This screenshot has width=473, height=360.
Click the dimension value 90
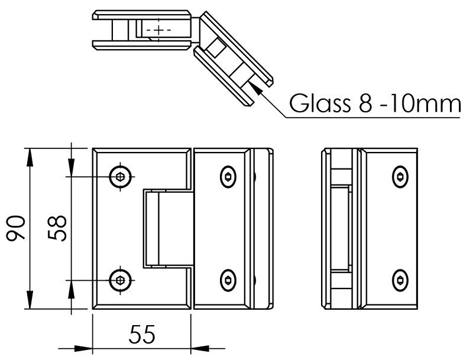pos(17,229)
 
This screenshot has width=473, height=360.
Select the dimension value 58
pos(57,228)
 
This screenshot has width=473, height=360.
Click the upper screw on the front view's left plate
pos(121,176)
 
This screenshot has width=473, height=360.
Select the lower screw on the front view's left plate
pos(121,280)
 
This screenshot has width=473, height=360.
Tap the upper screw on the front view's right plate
pos(228,176)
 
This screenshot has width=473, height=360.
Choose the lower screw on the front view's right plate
pos(228,280)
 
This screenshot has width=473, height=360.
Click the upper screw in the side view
pos(400,176)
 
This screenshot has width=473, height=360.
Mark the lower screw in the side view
pos(400,280)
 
